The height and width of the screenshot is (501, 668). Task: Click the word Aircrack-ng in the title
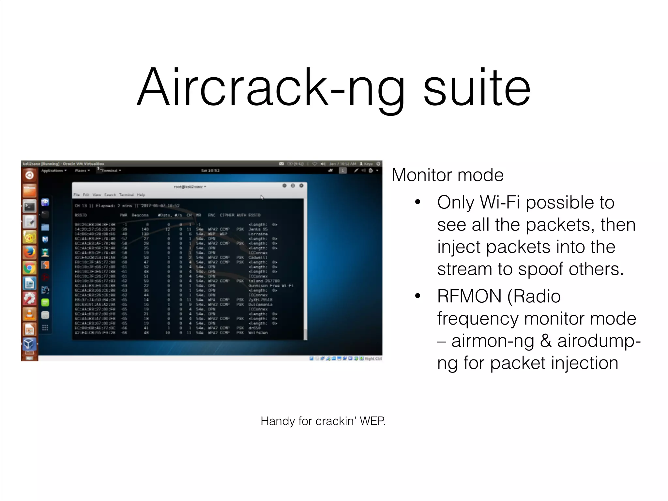click(x=271, y=87)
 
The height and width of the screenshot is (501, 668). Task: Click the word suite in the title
click(x=477, y=87)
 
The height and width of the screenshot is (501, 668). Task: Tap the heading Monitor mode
click(x=447, y=175)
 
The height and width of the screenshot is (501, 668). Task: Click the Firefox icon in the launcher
click(x=29, y=252)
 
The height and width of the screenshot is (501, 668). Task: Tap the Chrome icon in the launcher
click(x=29, y=268)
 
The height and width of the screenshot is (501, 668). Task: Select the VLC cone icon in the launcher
click(x=29, y=314)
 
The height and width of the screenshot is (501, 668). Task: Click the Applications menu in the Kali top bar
click(x=53, y=171)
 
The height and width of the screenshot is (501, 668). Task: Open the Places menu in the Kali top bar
click(x=82, y=171)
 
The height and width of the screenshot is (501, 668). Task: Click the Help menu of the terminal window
click(x=141, y=195)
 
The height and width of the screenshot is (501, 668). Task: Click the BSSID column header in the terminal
click(x=81, y=215)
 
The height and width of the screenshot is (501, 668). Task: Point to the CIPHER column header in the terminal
click(x=227, y=215)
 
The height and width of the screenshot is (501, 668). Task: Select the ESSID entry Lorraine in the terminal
click(x=258, y=234)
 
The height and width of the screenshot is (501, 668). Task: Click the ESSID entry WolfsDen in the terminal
click(x=258, y=333)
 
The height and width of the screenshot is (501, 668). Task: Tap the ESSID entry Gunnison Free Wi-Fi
click(x=271, y=286)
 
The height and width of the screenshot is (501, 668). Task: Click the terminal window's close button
click(x=301, y=186)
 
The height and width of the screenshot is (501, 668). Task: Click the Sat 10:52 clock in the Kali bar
click(x=210, y=171)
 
